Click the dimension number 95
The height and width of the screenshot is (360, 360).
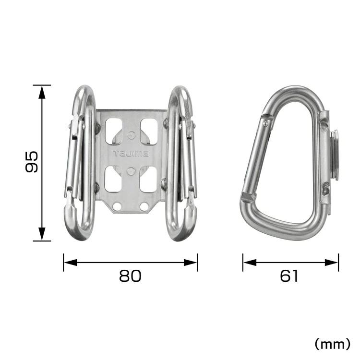[31, 162]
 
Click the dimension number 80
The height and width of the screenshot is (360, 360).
[130, 276]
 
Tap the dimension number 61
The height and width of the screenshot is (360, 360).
[289, 276]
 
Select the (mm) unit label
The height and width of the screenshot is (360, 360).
[332, 344]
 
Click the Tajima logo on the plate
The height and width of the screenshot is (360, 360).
[131, 154]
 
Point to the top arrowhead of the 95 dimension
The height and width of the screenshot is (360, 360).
[42, 93]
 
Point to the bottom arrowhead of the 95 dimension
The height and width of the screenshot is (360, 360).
[42, 233]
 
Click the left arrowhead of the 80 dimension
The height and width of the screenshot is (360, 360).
[70, 263]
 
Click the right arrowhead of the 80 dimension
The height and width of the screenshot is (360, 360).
[191, 263]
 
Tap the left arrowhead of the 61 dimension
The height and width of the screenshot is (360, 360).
[250, 263]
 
